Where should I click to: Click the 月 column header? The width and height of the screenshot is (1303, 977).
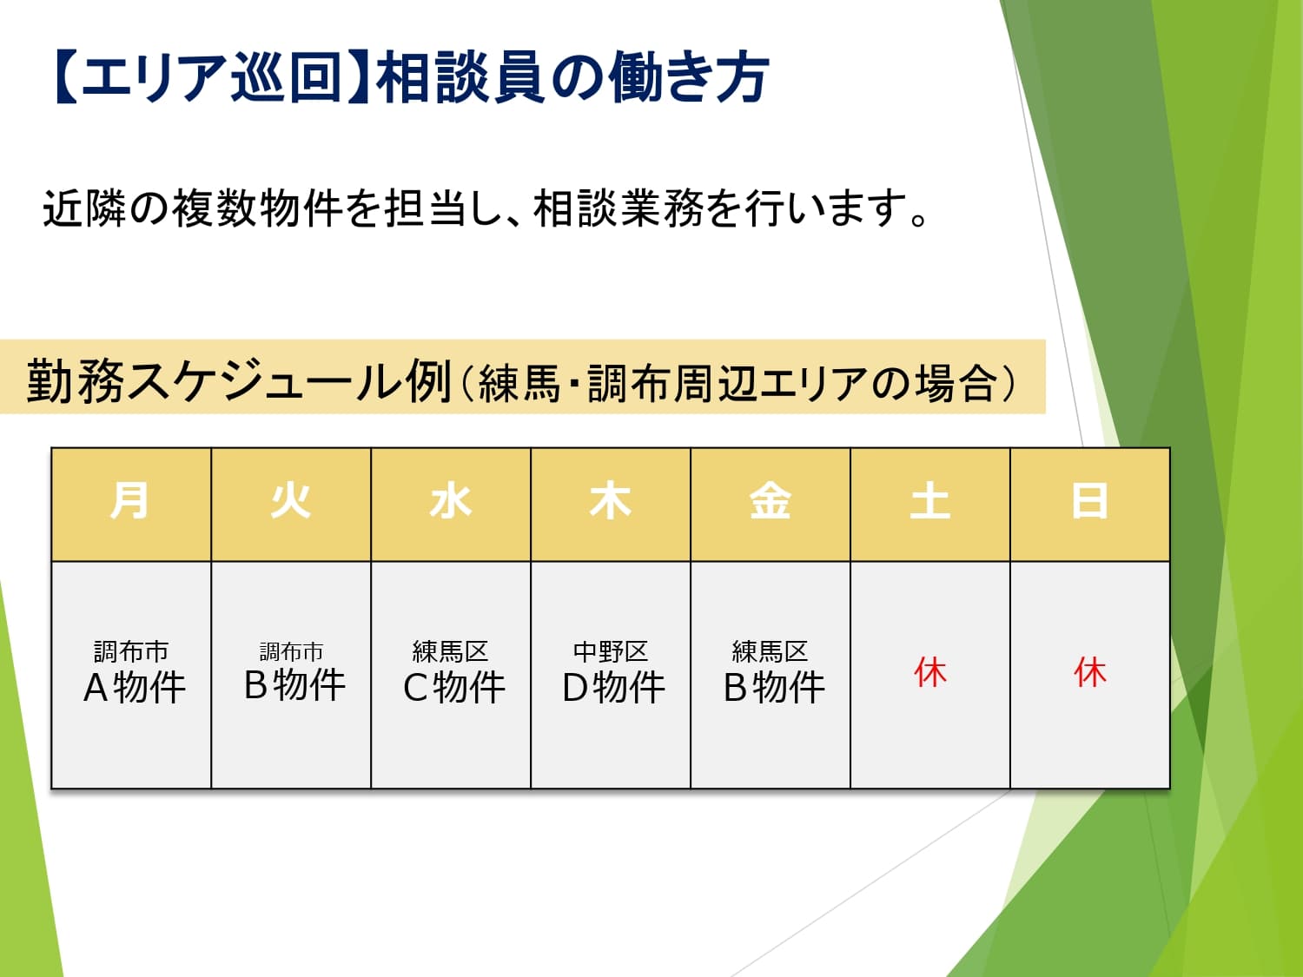[x=130, y=500]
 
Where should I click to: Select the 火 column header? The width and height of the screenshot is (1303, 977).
[x=290, y=500]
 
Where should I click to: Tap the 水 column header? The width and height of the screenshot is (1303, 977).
[x=451, y=500]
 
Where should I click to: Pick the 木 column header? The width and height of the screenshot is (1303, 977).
[x=611, y=500]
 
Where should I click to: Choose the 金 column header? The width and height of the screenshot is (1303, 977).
[x=770, y=500]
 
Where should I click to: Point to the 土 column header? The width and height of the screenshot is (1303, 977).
[x=930, y=500]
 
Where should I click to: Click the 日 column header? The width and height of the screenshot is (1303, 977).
[x=1090, y=500]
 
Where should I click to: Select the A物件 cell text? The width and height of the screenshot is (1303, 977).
[x=135, y=688]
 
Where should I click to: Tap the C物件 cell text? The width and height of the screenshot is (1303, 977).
[x=454, y=688]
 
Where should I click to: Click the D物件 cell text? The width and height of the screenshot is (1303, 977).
[x=614, y=688]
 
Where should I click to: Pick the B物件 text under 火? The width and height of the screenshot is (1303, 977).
[x=294, y=684]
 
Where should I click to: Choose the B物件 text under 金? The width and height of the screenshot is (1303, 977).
[x=774, y=688]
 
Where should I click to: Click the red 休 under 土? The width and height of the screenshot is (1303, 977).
[x=930, y=672]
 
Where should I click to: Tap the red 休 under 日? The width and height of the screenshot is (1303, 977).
[x=1090, y=672]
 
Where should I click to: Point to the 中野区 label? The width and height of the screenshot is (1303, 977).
[x=611, y=651]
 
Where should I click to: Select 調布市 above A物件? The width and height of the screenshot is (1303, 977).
[x=131, y=651]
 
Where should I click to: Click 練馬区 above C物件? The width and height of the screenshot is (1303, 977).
[x=451, y=651]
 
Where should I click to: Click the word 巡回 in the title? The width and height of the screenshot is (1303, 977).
[x=287, y=77]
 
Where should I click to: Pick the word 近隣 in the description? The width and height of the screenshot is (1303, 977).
[x=83, y=208]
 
